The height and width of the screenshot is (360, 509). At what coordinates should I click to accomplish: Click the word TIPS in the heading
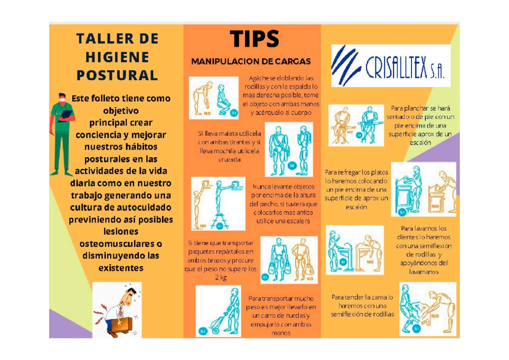click(x=255, y=39)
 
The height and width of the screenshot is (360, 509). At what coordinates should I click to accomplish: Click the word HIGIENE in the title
click(x=117, y=57)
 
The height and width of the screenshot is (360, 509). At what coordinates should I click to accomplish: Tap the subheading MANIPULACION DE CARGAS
click(x=251, y=61)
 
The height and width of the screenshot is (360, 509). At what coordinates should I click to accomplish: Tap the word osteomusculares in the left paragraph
click(x=121, y=244)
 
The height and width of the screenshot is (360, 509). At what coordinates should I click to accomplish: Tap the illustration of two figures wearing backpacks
click(x=289, y=149)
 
